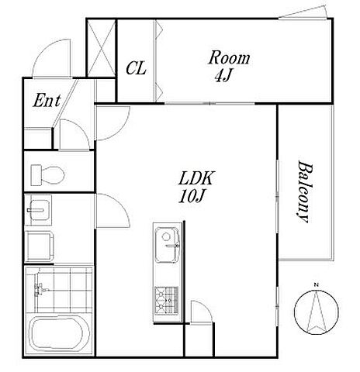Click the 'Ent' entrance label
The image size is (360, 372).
47,101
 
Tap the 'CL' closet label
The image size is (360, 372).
136,68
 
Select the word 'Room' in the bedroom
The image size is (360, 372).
229,58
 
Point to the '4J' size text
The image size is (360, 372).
223,76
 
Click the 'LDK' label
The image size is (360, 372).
196,178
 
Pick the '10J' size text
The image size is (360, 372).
192,197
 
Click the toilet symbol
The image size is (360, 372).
48,174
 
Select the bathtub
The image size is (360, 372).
61,334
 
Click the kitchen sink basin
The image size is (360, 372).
168,245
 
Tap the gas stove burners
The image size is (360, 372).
167,300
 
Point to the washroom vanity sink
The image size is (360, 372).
38,210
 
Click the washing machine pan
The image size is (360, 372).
40,246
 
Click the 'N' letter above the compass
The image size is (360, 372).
316,285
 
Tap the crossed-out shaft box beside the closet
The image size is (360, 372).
101,48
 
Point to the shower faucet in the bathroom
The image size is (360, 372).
40,289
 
